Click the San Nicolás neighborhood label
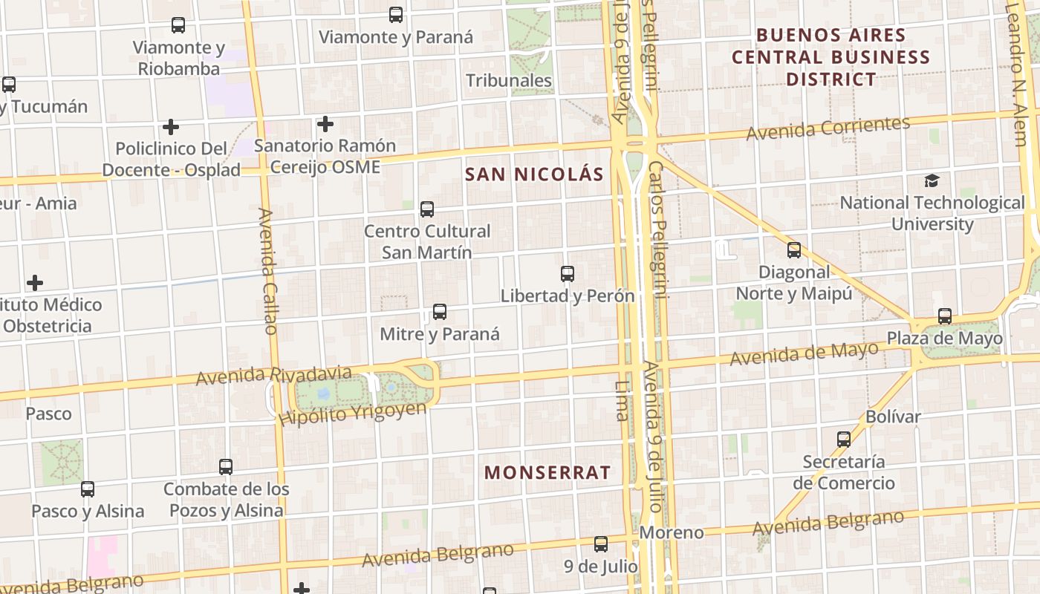pos(533,174)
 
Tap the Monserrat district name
pos(547,472)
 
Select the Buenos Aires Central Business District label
pos(831,57)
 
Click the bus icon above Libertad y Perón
pos(568,274)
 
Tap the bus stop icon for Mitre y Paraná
pos(440,312)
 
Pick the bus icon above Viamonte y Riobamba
pos(178,25)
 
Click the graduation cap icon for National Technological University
pos(932,180)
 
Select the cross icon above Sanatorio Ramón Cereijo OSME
pos(325,124)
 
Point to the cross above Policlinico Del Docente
pos(171,127)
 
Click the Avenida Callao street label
pos(268,271)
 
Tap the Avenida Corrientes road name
pos(828,128)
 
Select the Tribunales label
pos(509,80)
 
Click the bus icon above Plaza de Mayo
pos(944,316)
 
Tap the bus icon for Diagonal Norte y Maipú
pos(794,250)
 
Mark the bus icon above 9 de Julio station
pos(600,544)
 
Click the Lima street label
pos(622,401)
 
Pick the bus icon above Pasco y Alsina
pos(88,489)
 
